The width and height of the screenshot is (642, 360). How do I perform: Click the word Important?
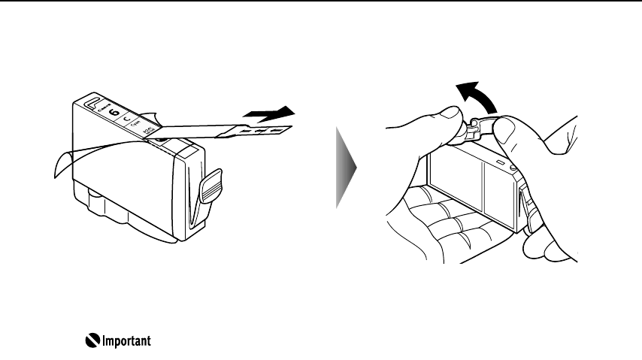coord(125,341)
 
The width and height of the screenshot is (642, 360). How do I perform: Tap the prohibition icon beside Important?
coord(91,341)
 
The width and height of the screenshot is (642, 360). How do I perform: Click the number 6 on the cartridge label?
coord(114,113)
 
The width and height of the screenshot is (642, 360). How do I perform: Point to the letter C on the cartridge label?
coord(127,119)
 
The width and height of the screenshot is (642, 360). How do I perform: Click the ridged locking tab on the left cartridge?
coord(213,183)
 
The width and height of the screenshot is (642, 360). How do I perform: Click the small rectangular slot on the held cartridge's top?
coord(498,162)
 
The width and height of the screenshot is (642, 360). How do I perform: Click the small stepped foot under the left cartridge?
coord(98,201)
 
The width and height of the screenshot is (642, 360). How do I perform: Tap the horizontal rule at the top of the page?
coord(321,2)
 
